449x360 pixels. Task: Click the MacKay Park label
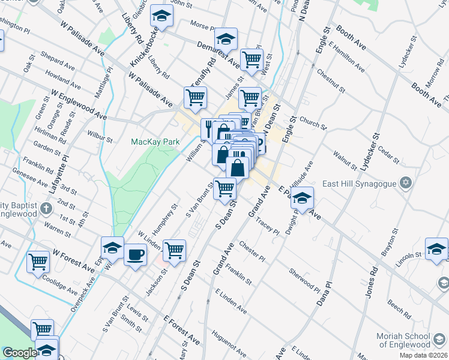[155, 142]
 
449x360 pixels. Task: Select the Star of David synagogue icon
[406, 182]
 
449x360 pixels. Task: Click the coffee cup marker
[134, 254]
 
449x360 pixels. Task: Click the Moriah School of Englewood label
[412, 340]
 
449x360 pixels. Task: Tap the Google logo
[19, 352]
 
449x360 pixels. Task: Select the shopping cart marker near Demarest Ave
[252, 59]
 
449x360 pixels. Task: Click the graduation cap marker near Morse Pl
[161, 17]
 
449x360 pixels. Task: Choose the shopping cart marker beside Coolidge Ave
[38, 261]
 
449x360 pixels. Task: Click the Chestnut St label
[332, 82]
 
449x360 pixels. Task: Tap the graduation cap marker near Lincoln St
[436, 248]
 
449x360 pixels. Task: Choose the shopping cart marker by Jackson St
[174, 250]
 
